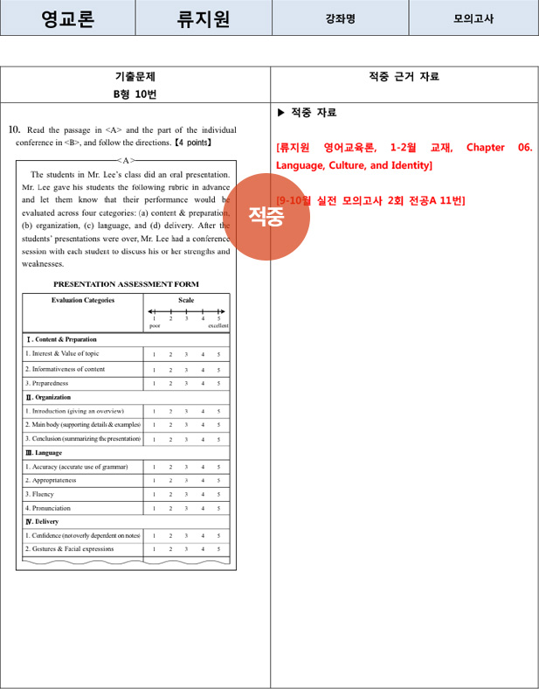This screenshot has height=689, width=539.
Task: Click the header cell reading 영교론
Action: coord(68,18)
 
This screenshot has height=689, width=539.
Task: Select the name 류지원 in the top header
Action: coord(204,18)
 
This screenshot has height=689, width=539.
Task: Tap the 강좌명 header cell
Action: coord(340,18)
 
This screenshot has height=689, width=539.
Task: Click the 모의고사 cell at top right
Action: coord(473,18)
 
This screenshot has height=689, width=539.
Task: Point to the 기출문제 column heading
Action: coord(135,77)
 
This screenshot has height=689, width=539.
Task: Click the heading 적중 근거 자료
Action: coord(404,77)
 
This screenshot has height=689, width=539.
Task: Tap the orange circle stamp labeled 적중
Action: coord(266,216)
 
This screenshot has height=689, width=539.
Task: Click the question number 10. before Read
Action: coord(14,129)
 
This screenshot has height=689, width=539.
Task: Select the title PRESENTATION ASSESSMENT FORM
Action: coord(126,283)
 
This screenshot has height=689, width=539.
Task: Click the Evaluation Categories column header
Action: coord(83,300)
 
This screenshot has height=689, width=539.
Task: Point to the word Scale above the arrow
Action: coord(186,300)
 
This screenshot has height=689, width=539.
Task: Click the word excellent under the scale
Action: coord(218,325)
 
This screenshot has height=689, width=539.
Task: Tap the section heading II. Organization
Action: coord(48,397)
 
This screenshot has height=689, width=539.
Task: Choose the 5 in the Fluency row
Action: coord(218,494)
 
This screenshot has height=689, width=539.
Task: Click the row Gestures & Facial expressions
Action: coord(69,549)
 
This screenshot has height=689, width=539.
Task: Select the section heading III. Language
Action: coord(44,453)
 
